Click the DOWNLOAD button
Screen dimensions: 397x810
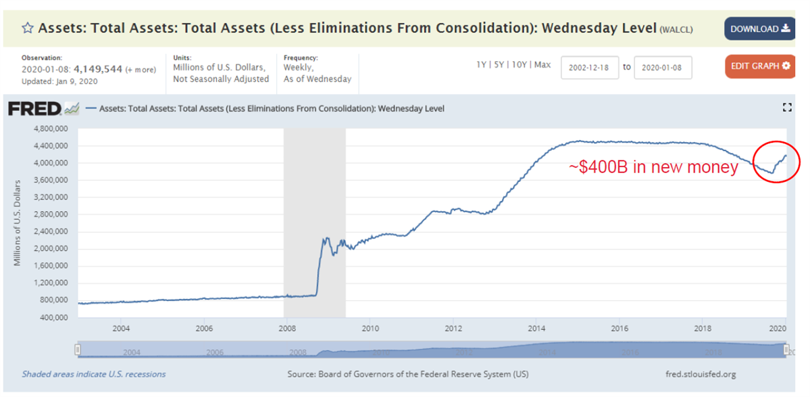click(759, 28)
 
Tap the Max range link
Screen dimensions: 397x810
click(543, 65)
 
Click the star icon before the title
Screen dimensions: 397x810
click(28, 28)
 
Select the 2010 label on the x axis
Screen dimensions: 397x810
click(370, 329)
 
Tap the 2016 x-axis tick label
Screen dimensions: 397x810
click(619, 329)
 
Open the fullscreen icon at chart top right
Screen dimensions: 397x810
click(786, 108)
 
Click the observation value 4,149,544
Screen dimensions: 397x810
click(98, 69)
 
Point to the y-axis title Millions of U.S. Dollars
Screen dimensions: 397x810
click(18, 222)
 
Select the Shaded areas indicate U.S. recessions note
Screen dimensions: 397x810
click(93, 374)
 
